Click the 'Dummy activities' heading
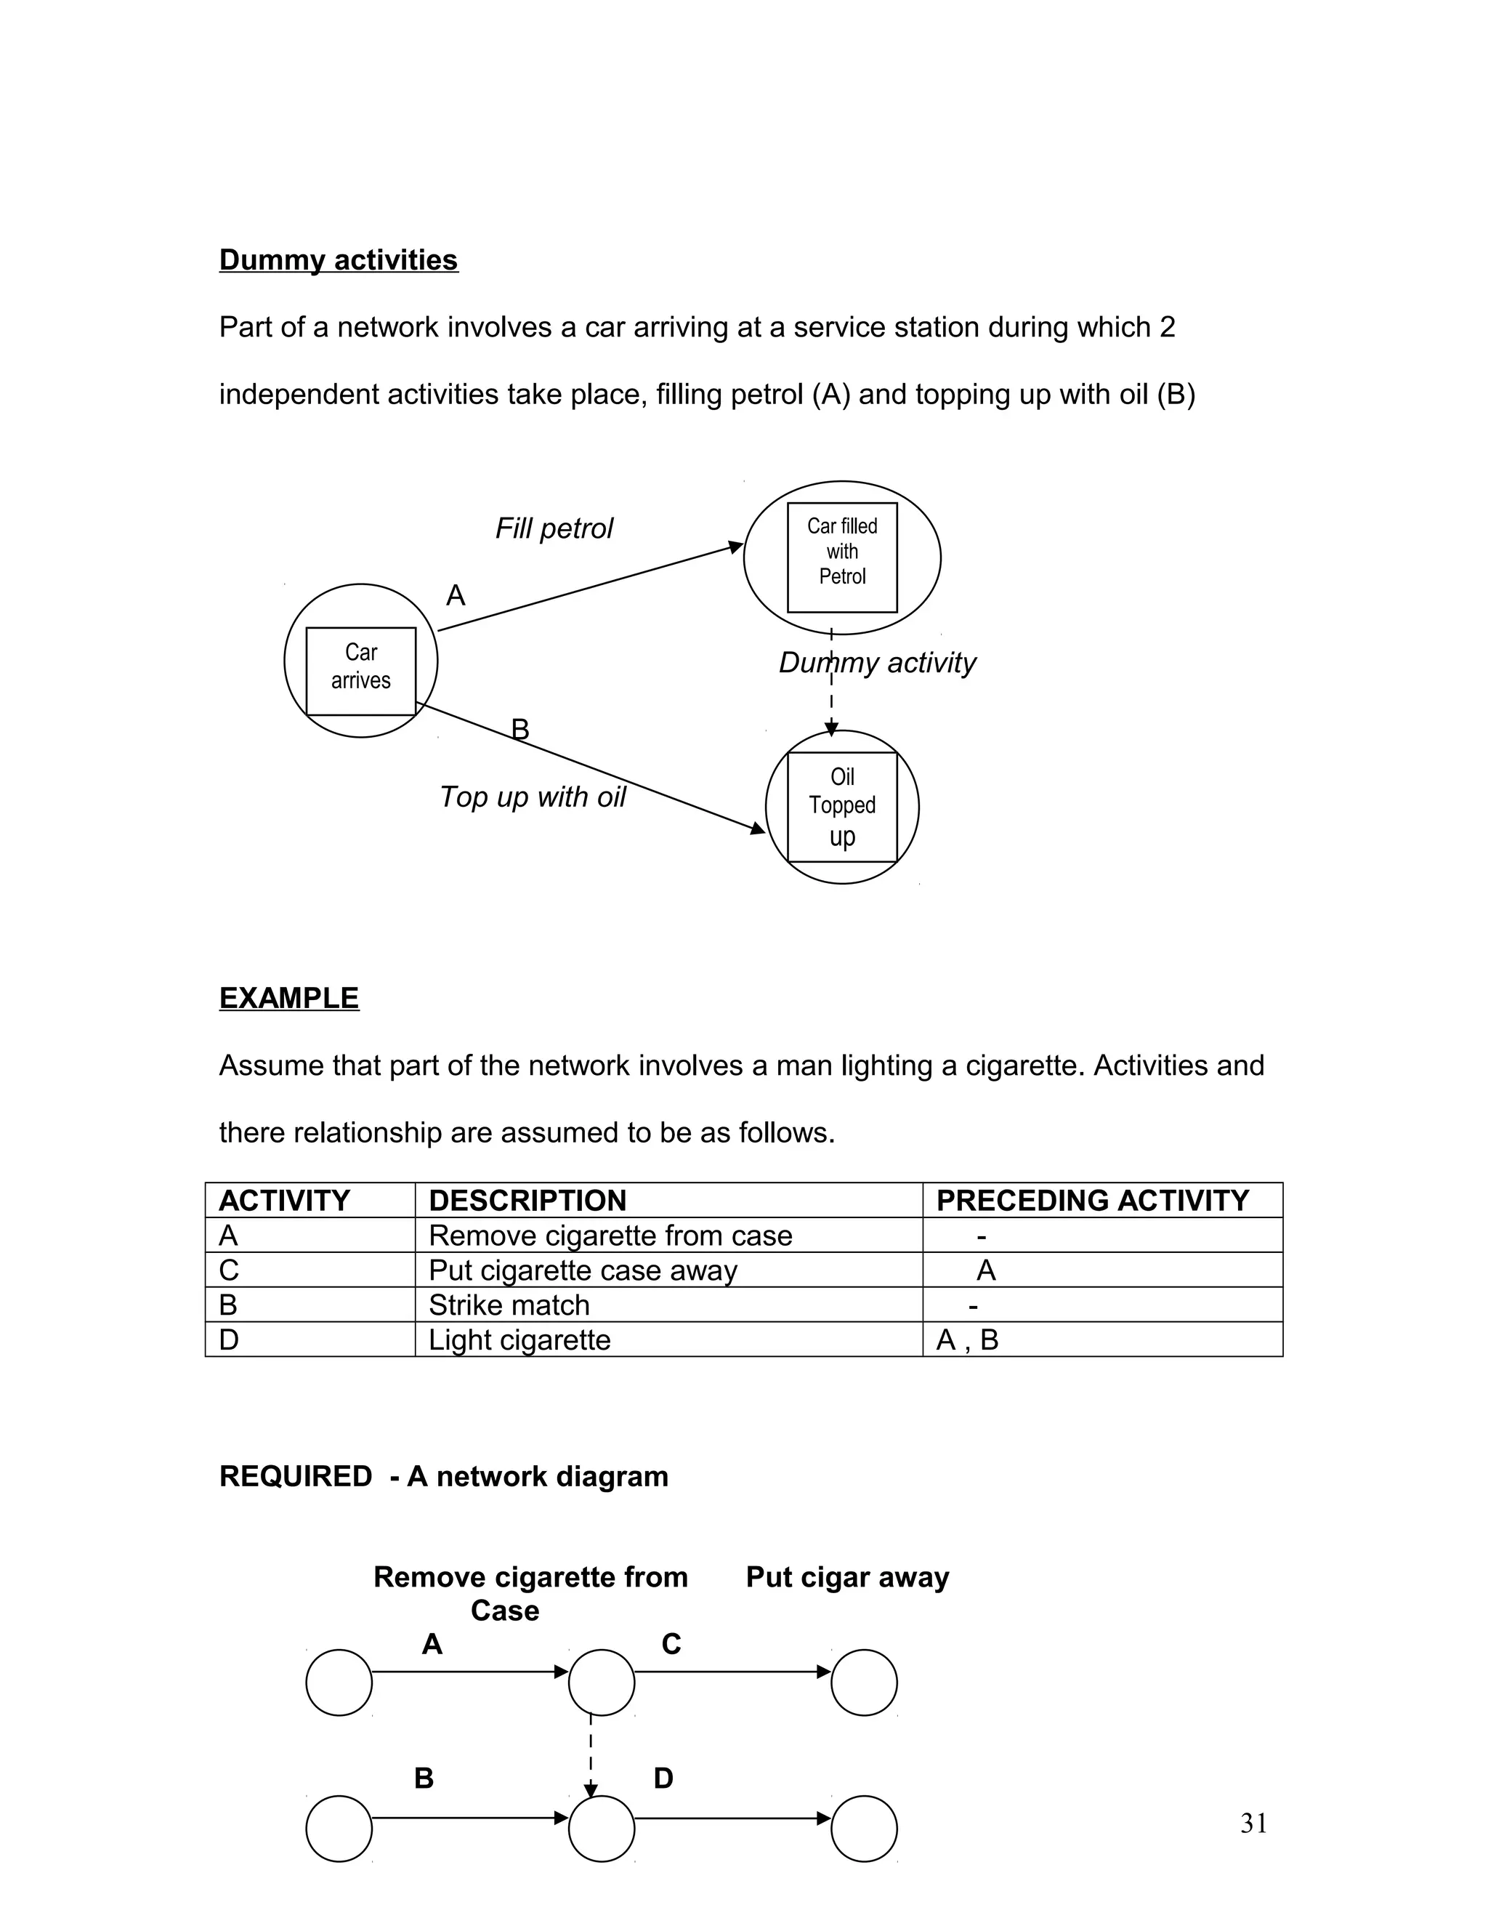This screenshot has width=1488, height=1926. (339, 260)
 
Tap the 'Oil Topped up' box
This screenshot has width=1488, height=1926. (842, 807)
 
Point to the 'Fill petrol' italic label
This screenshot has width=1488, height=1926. (554, 529)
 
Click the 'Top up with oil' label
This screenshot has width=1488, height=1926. (533, 797)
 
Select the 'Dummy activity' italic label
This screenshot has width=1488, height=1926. (877, 663)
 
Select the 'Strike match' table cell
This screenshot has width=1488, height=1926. (509, 1305)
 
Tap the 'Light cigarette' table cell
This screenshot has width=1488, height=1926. (519, 1339)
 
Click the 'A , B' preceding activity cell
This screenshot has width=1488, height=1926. (967, 1340)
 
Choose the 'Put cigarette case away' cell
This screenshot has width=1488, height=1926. (583, 1270)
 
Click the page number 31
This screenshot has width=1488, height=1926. (1253, 1823)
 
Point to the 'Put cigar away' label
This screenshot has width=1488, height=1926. (847, 1577)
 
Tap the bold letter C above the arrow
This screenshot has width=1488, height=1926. (671, 1644)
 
